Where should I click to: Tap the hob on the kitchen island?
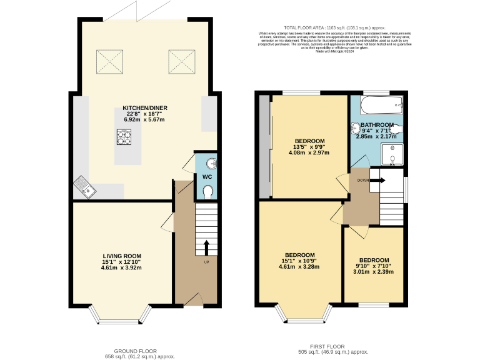124,136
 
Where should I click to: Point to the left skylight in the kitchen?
106,60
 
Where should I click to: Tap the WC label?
207,177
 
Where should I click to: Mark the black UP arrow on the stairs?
206,247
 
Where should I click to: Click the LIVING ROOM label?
122,256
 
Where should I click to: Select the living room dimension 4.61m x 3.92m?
122,267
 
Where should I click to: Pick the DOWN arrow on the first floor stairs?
377,180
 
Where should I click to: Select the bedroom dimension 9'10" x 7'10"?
374,266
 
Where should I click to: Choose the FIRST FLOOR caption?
327,346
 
